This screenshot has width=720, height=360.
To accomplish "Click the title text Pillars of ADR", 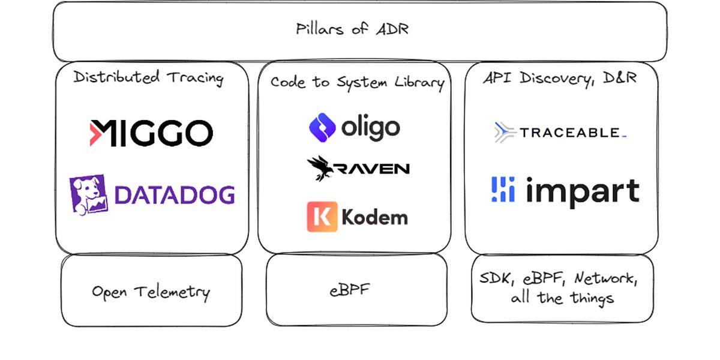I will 352,29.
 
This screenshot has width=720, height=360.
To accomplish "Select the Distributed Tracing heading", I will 148,77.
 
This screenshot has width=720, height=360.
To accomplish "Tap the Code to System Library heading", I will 356,82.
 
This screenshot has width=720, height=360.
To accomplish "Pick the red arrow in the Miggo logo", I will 97,133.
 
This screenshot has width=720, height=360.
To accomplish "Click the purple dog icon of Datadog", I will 88,194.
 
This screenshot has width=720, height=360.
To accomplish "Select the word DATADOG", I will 174,195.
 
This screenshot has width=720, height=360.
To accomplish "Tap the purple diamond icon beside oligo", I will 322,127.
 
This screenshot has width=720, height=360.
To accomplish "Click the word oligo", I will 370,127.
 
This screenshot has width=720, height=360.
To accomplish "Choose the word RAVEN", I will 373,169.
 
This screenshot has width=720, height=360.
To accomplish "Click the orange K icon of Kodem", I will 322,217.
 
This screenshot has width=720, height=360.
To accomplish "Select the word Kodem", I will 374,217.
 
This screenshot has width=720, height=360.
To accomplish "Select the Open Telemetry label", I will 151,292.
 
